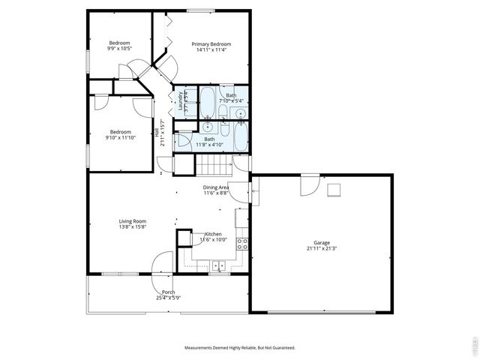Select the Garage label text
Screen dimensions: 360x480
point(322,244)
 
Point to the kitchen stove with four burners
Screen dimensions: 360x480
point(242,243)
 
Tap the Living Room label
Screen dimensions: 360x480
point(132,221)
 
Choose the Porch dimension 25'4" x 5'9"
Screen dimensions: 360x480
point(168,298)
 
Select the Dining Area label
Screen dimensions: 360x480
point(215,187)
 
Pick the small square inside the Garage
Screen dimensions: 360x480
point(336,189)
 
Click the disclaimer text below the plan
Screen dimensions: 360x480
point(240,348)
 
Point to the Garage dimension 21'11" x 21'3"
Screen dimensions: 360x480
point(322,250)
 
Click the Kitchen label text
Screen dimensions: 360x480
point(214,235)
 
